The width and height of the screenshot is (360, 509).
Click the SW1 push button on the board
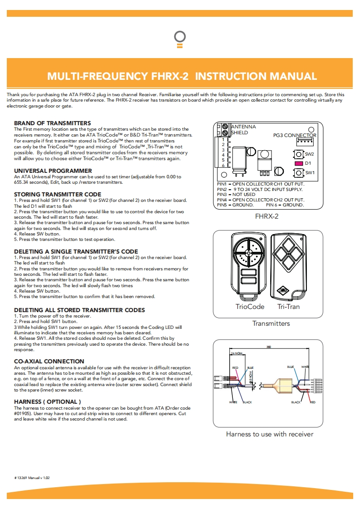pyautogui.click(x=298, y=173)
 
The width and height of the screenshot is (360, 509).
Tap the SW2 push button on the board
pyautogui.click(x=298, y=155)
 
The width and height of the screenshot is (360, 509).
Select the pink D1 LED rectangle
pyautogui.click(x=298, y=163)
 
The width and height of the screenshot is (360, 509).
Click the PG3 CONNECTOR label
pyautogui.click(x=295, y=135)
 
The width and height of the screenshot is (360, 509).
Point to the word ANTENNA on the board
pyautogui.click(x=244, y=127)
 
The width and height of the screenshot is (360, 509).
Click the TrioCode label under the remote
pyautogui.click(x=250, y=307)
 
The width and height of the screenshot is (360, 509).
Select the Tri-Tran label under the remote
pyautogui.click(x=288, y=307)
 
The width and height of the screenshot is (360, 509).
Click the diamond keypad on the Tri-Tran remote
pyautogui.click(x=289, y=254)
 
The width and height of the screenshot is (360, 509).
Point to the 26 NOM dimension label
pyautogui.click(x=236, y=352)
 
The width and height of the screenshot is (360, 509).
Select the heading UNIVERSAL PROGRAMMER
pyautogui.click(x=53, y=171)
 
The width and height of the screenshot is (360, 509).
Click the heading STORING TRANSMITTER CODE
pyautogui.click(x=58, y=194)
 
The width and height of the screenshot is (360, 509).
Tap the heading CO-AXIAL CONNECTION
pyautogui.click(x=49, y=361)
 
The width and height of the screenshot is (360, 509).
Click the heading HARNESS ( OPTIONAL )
pyautogui.click(x=48, y=401)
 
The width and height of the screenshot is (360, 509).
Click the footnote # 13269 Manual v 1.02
pyautogui.click(x=32, y=478)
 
